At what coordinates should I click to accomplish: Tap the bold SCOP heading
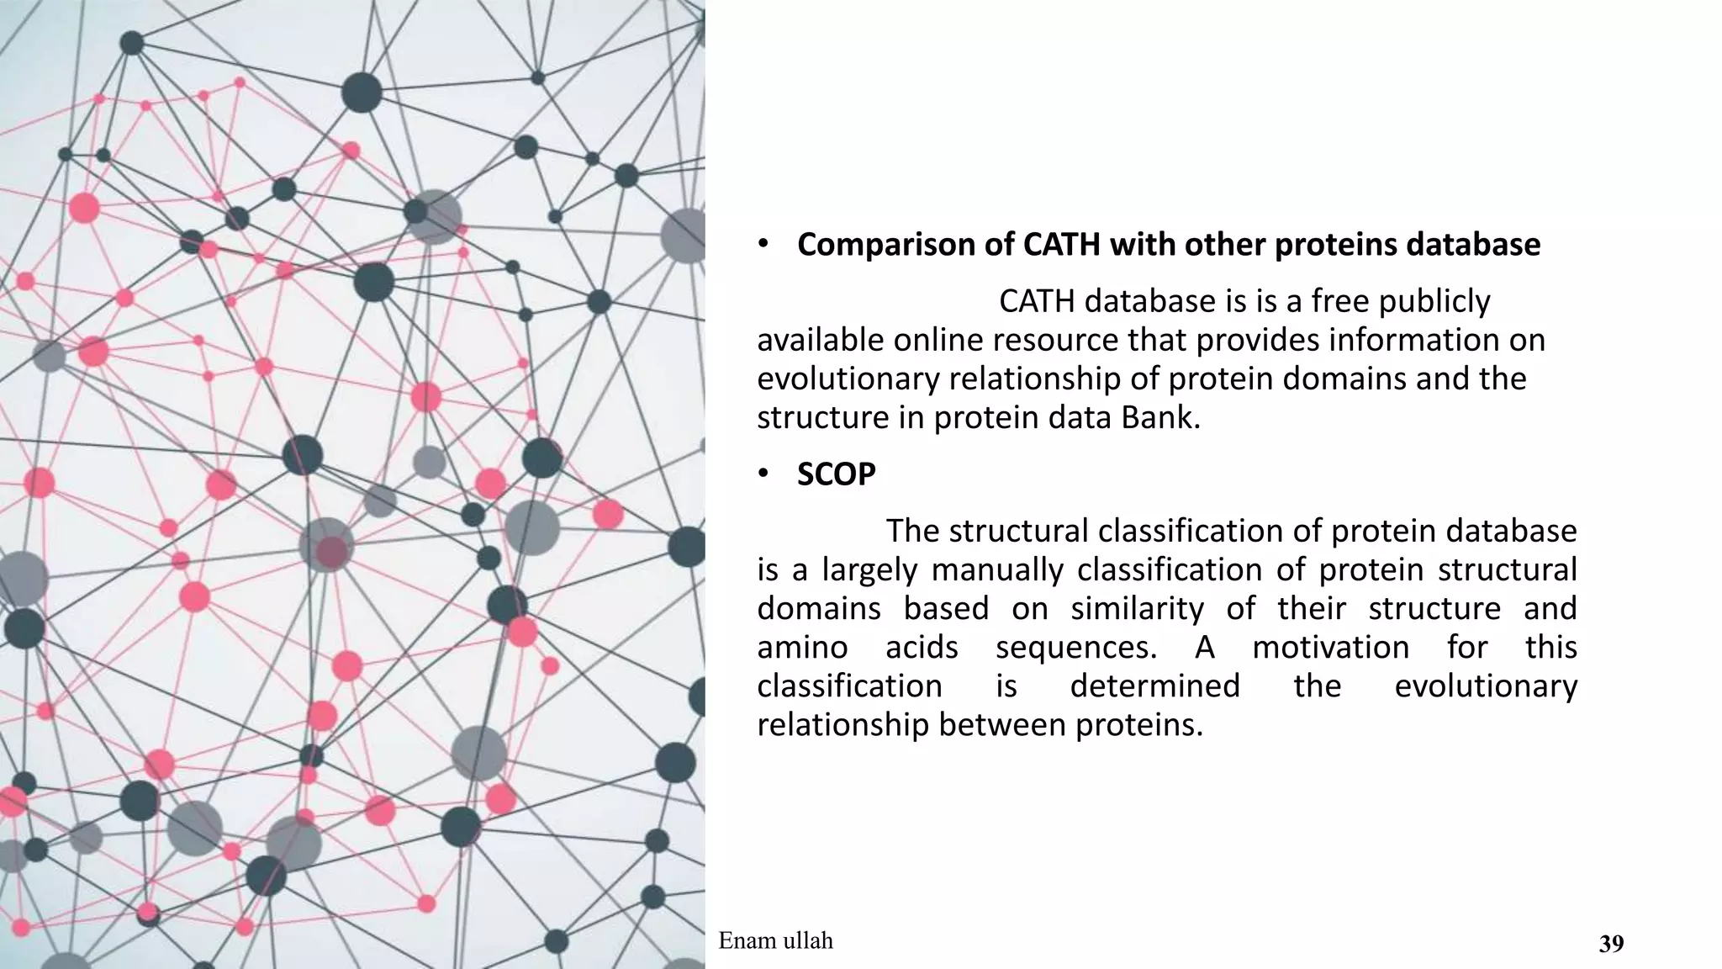point(836,475)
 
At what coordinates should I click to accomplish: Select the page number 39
point(1611,945)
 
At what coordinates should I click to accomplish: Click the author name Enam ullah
point(775,940)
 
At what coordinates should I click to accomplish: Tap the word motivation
point(1330,647)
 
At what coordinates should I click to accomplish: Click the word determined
point(1154,686)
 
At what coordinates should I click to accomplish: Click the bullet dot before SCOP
point(762,475)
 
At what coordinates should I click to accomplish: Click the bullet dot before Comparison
point(762,245)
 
